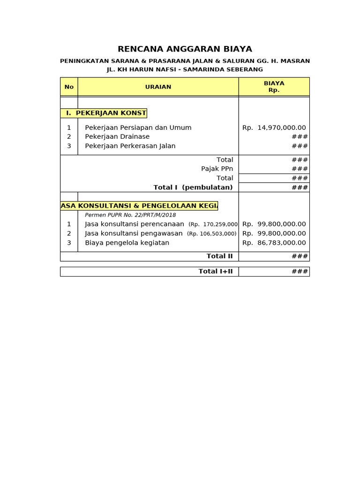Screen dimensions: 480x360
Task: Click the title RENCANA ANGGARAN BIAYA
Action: tap(185, 49)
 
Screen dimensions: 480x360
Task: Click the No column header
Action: tap(69, 87)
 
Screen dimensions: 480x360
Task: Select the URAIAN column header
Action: tap(158, 87)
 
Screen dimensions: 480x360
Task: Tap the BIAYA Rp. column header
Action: tap(274, 87)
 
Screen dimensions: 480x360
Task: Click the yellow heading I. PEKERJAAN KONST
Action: tap(104, 113)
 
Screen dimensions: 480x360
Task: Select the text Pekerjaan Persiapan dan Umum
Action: tap(138, 127)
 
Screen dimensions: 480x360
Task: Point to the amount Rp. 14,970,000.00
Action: tap(274, 127)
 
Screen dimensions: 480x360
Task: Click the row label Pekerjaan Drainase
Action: tap(117, 137)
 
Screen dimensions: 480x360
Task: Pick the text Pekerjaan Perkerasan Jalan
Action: tap(130, 146)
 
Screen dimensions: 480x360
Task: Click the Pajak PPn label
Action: tap(217, 169)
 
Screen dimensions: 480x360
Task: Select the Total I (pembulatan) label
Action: tap(193, 187)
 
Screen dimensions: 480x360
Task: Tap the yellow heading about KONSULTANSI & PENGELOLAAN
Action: tap(139, 206)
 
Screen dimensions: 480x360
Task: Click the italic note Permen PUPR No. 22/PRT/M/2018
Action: tap(130, 215)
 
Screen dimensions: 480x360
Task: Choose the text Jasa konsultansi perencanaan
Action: tap(134, 224)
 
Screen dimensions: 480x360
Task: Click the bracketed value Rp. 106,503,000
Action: tap(212, 234)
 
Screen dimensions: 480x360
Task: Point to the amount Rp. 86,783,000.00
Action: tap(274, 243)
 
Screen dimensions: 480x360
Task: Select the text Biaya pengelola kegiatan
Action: tap(127, 243)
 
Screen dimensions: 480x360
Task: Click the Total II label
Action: tap(219, 256)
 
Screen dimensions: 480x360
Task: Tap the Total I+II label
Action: tap(216, 271)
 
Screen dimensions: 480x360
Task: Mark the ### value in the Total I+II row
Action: tap(300, 271)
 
